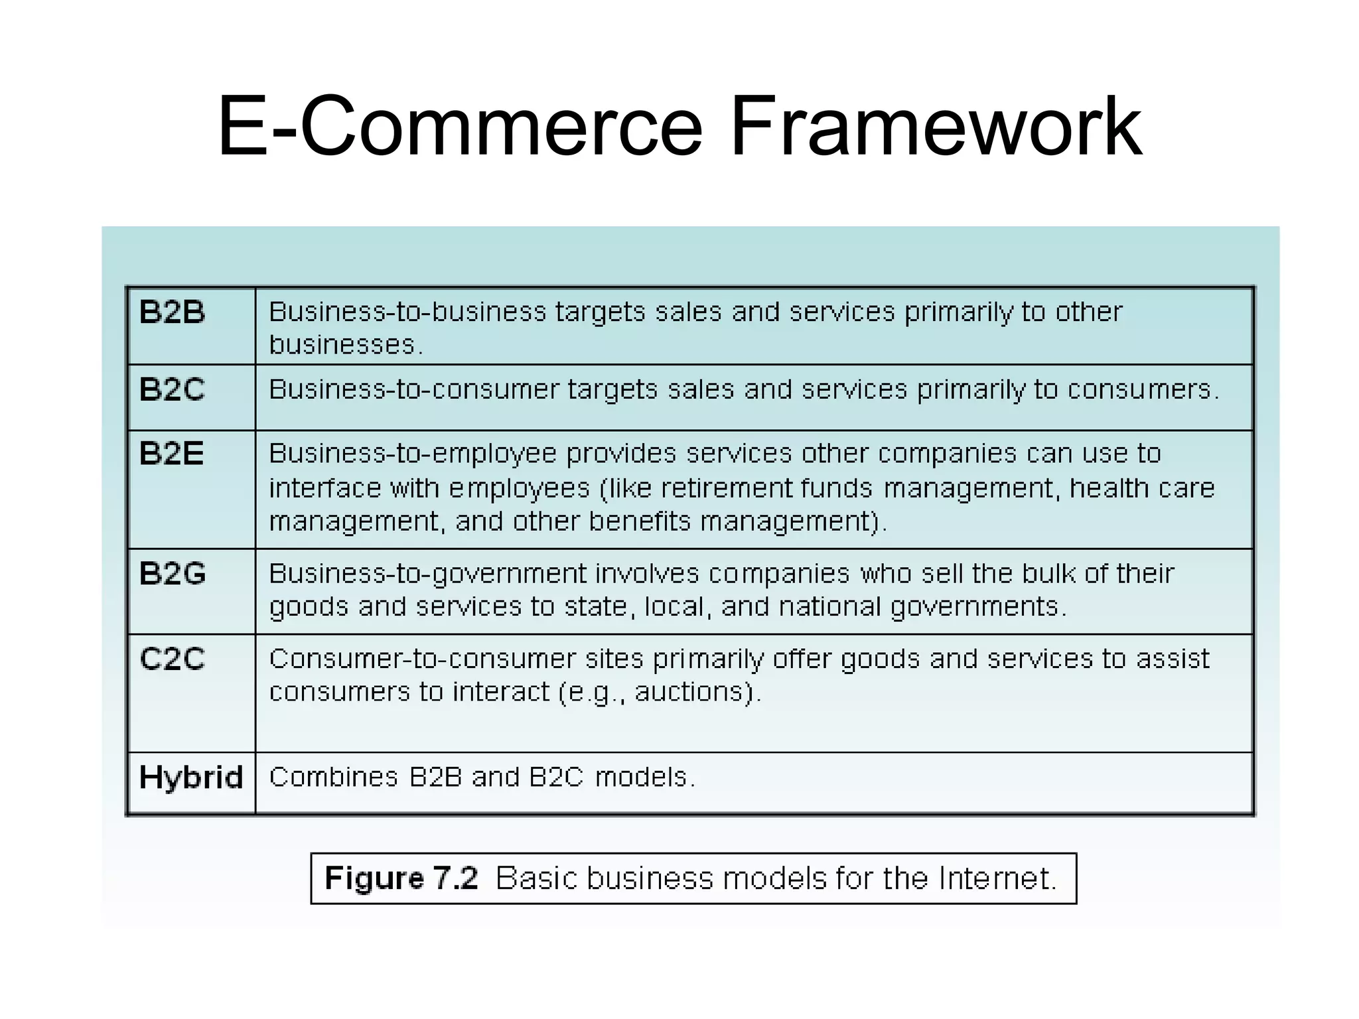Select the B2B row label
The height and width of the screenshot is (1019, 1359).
pos(172,312)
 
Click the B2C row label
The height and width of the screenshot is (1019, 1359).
pos(172,389)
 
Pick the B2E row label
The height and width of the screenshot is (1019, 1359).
pos(171,454)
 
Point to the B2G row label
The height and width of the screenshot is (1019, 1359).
pos(173,574)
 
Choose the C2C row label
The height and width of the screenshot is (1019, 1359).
pos(172,659)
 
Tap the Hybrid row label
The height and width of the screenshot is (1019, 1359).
pos(191,778)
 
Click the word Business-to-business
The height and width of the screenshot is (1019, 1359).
pos(407,312)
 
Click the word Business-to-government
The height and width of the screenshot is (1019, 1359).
pos(427,574)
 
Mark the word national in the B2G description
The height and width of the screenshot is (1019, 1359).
pos(829,607)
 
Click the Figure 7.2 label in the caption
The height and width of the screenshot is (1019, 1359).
pos(401,878)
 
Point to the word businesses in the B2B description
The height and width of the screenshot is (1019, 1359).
pos(342,345)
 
